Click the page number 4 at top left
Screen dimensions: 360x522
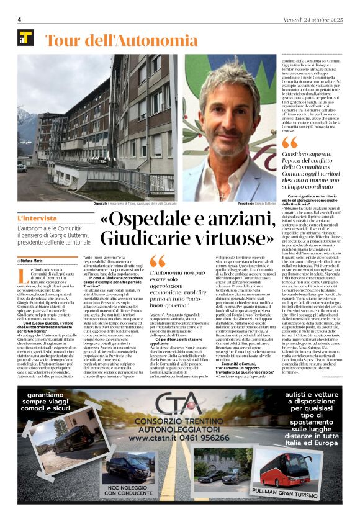tap(19, 19)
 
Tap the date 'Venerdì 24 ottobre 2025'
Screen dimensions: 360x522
tap(312, 19)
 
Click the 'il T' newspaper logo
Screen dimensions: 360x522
tap(25, 38)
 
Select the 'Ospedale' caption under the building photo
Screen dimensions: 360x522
tap(100, 204)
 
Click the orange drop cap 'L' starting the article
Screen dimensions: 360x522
tap(22, 276)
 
